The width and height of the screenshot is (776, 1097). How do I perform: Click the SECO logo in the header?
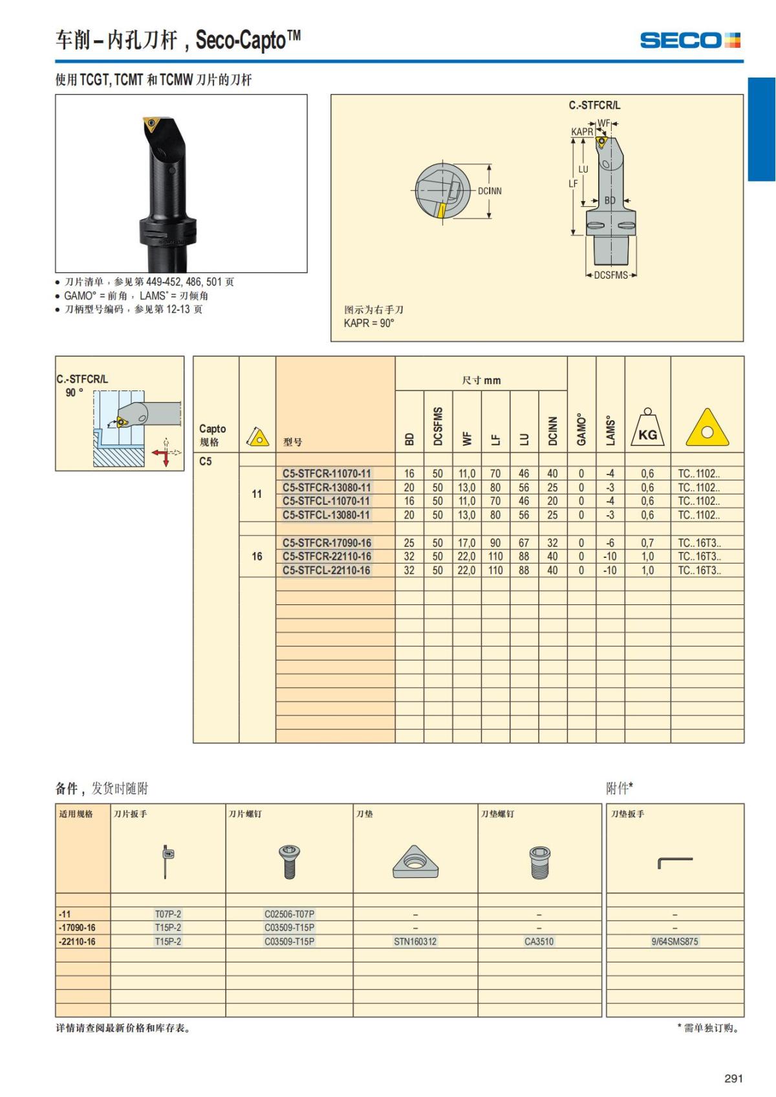[x=690, y=40]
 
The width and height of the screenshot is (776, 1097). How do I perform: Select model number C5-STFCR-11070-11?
[x=327, y=474]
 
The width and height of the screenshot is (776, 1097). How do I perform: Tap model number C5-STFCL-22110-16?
[x=327, y=570]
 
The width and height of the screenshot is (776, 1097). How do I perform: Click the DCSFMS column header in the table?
[x=438, y=425]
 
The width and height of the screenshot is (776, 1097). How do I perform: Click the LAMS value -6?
[x=610, y=542]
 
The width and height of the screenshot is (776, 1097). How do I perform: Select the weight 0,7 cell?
[x=647, y=542]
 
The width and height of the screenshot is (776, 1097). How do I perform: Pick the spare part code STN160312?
[x=415, y=941]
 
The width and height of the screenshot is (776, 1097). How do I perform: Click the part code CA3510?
[x=539, y=941]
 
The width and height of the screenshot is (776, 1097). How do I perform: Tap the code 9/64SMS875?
[x=674, y=941]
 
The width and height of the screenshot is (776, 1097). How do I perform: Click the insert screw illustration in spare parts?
[x=289, y=862]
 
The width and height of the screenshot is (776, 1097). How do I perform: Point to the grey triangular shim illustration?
[x=415, y=862]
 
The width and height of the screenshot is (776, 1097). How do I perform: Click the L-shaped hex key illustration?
[x=674, y=862]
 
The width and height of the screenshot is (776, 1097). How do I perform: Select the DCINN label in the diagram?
[x=490, y=191]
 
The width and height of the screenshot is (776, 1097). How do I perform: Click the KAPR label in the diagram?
[x=582, y=132]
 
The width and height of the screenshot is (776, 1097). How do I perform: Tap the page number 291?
[x=733, y=1078]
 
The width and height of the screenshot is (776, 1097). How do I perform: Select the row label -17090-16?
[x=78, y=927]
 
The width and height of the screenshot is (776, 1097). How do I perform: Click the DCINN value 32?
[x=553, y=542]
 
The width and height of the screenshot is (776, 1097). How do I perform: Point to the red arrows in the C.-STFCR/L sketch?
[x=162, y=456]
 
